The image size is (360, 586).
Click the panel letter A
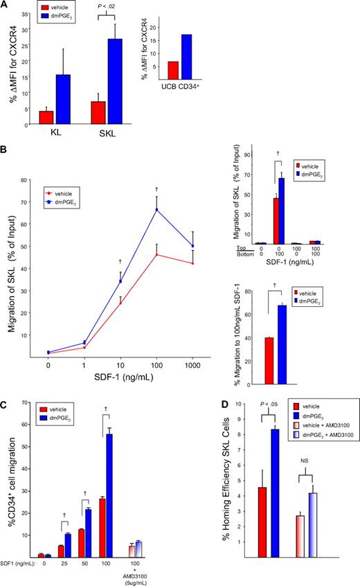click(6, 6)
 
